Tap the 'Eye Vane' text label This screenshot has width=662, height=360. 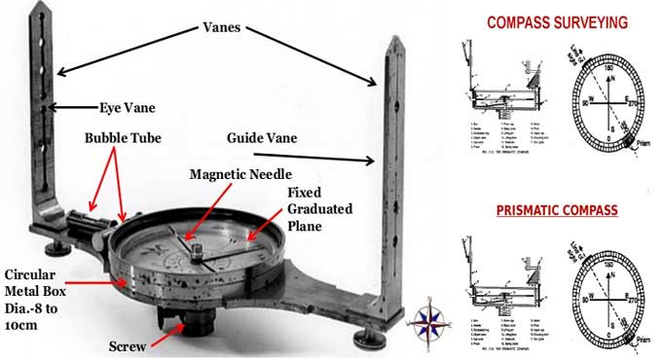tap(126, 107)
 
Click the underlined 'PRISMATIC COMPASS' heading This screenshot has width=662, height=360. tap(555, 209)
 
